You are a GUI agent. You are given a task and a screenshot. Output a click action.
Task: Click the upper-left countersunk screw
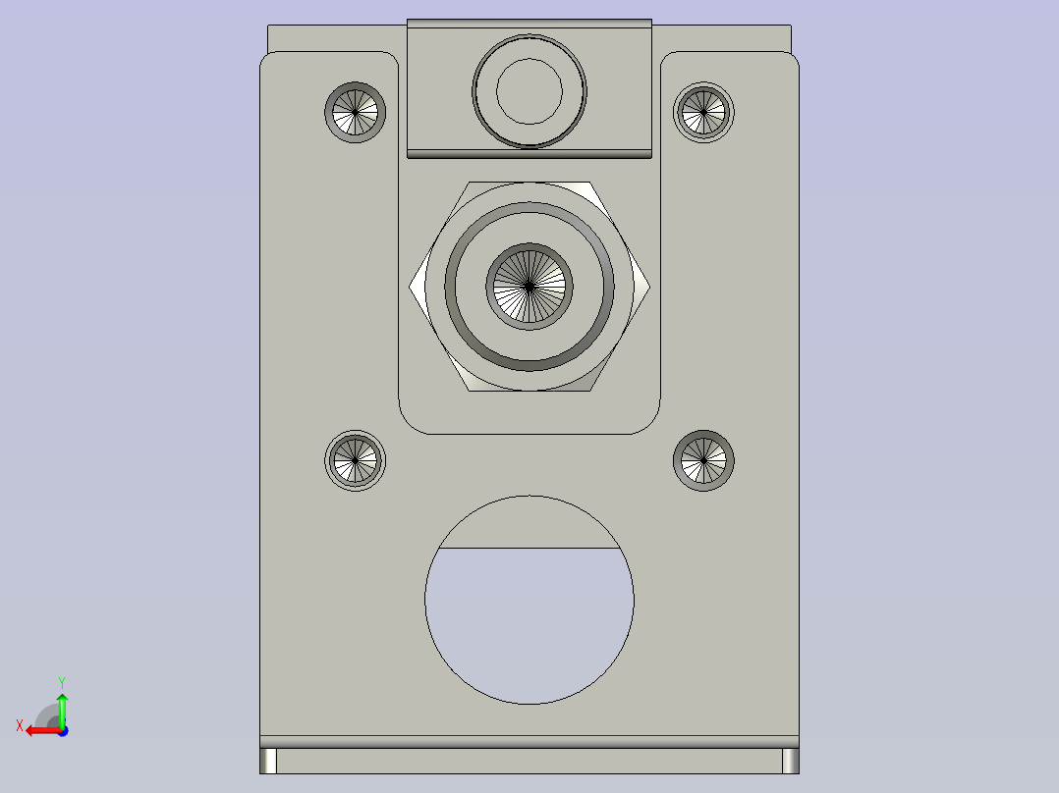coord(355,112)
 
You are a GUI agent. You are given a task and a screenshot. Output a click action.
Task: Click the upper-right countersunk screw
coord(703,112)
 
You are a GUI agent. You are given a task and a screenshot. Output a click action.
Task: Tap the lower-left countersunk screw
coord(355,459)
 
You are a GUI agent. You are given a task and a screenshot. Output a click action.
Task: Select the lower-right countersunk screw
coord(703,459)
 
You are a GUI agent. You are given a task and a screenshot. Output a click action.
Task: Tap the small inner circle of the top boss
coord(529,90)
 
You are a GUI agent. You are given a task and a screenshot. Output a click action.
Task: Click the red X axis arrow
coord(39,730)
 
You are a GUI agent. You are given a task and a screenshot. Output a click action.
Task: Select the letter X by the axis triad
coord(20,726)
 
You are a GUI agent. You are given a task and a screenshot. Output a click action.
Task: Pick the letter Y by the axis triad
coord(61,681)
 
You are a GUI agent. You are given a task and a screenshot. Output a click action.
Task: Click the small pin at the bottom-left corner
coord(268,761)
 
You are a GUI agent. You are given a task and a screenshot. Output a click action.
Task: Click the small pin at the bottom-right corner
coord(790,761)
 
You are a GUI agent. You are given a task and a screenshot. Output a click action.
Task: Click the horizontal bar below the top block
coord(529,153)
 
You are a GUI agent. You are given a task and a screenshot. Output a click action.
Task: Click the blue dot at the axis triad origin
coord(62,730)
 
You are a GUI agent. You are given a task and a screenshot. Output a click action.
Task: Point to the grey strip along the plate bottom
coord(529,742)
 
